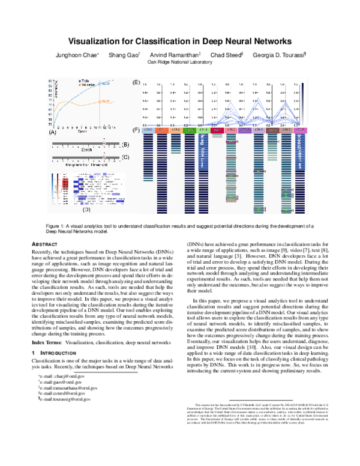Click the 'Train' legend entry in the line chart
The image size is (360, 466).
pos(86,80)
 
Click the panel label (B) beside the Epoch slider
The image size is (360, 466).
pos(125,145)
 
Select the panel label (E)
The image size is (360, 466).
pos(136,82)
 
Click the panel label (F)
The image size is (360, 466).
pos(136,130)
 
